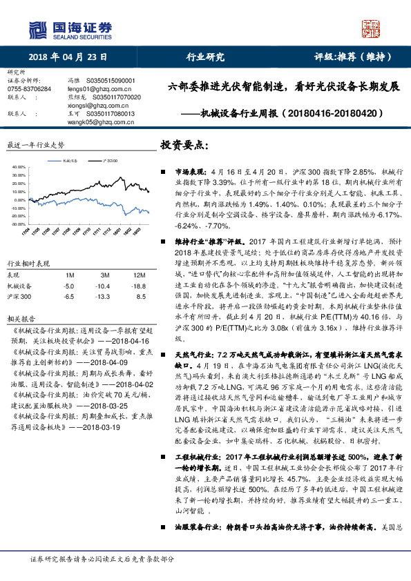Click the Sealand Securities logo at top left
pyautogui.click(x=70, y=29)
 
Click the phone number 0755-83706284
pyautogui.click(x=28, y=89)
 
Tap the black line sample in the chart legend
pyautogui.click(x=97, y=160)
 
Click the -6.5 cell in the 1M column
pyautogui.click(x=68, y=296)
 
